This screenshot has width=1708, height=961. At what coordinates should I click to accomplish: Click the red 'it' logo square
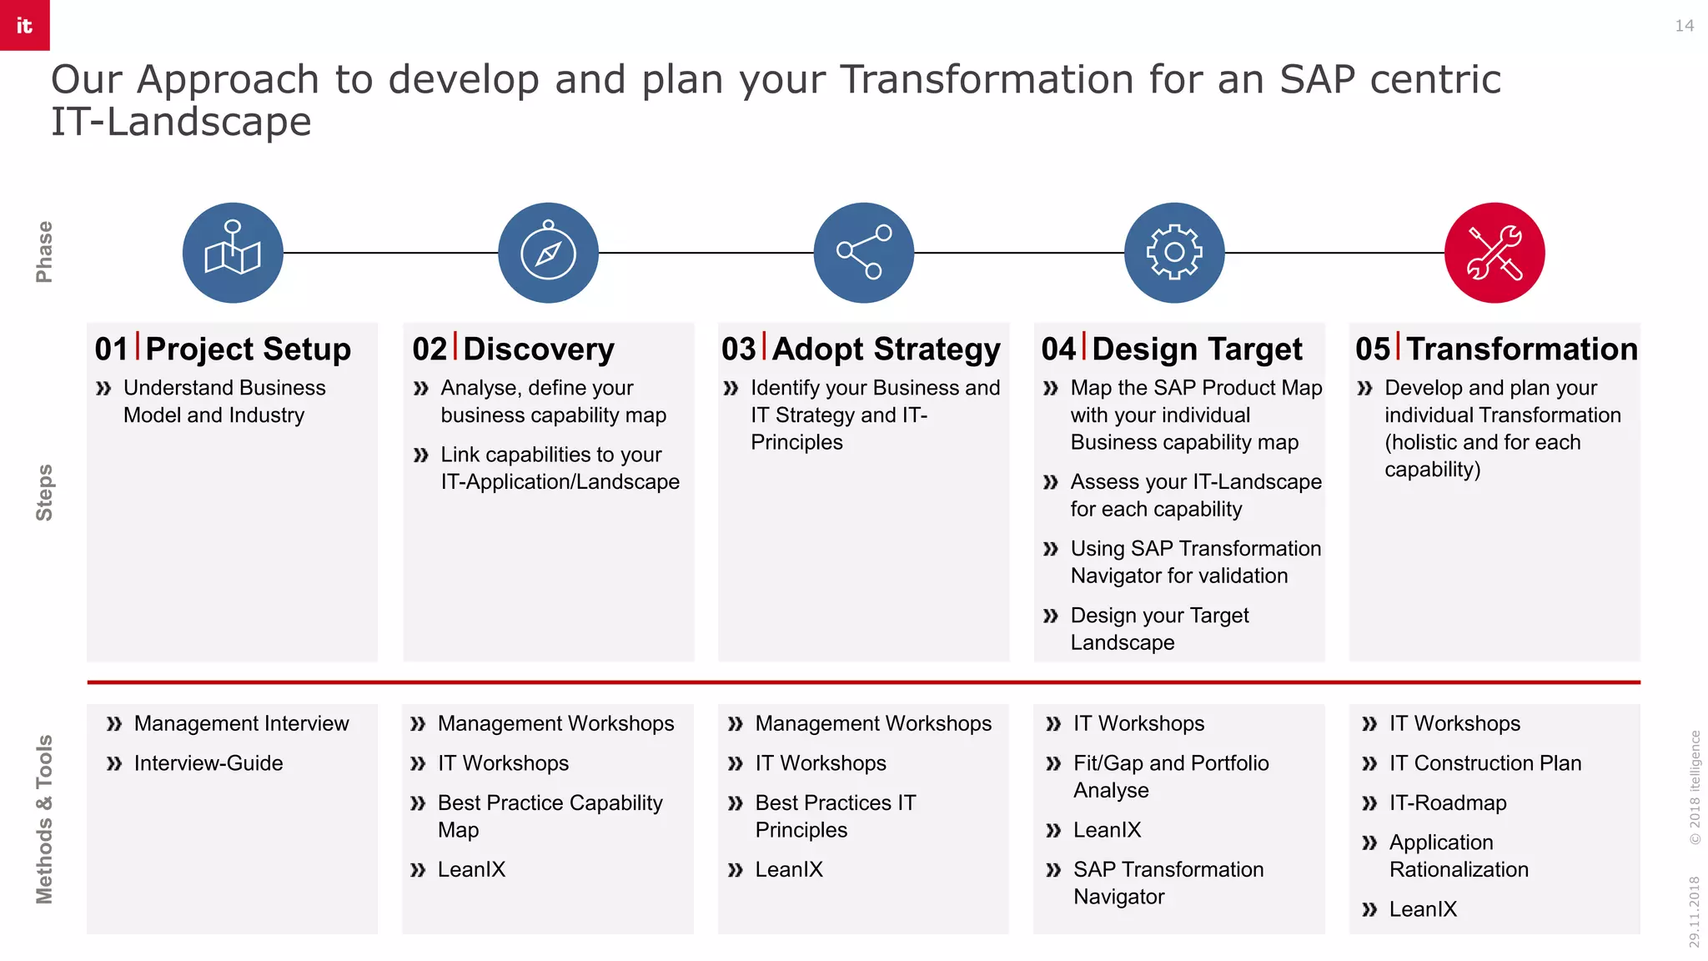pos(24,25)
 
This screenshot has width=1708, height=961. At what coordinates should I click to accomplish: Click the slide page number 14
pos(1684,26)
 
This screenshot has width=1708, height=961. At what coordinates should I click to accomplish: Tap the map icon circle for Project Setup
pos(233,253)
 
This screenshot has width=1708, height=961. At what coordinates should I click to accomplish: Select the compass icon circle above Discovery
pos(548,253)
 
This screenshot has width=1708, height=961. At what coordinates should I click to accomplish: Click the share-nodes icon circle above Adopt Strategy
pos(863,253)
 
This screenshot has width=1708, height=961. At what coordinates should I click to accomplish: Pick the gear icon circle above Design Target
pos(1174,253)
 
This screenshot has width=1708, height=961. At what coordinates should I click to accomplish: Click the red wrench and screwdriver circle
pos(1494,253)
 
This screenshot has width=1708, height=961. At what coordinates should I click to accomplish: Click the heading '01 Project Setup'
pos(223,349)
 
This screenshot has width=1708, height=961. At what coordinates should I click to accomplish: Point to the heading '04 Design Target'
pos(1172,349)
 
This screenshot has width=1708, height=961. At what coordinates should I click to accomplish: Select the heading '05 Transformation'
pos(1496,349)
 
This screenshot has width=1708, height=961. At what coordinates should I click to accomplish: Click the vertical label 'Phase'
pos(44,252)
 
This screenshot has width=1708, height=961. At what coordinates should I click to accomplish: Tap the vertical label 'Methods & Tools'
pos(44,819)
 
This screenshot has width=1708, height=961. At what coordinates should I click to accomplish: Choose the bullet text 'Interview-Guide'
pos(208,763)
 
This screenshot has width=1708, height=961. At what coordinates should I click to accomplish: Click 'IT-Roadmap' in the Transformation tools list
pos(1448,803)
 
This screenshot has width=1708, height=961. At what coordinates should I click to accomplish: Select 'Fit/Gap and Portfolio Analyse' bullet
pos(1170,776)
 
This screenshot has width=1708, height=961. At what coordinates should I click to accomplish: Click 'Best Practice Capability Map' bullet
pos(550,816)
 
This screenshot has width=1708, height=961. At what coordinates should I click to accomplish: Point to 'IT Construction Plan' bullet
pos(1484,763)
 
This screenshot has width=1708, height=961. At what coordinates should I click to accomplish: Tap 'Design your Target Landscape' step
pos(1159,629)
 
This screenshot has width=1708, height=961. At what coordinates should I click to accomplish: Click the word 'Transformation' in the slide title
pos(986,80)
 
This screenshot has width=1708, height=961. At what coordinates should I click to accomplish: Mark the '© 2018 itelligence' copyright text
pos(1695,787)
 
